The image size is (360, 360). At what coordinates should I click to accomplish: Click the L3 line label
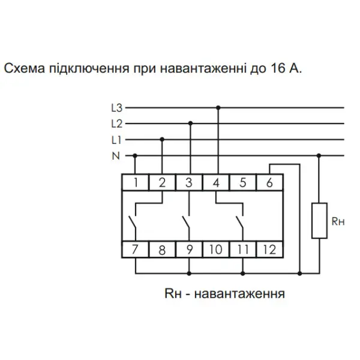pyautogui.click(x=116, y=108)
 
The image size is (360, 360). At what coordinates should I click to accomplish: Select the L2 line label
pyautogui.click(x=116, y=124)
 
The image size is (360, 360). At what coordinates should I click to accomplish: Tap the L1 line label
pyautogui.click(x=116, y=140)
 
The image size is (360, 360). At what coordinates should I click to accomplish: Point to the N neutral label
pyautogui.click(x=116, y=156)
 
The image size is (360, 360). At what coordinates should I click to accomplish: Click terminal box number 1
pyautogui.click(x=136, y=182)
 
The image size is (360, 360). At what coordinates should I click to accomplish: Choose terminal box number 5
pyautogui.click(x=242, y=182)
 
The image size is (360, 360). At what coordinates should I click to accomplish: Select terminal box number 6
pyautogui.click(x=269, y=182)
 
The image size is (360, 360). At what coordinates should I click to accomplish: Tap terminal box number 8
pyautogui.click(x=162, y=250)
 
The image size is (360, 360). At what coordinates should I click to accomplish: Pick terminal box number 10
pyautogui.click(x=216, y=250)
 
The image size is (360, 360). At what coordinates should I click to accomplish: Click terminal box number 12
pyautogui.click(x=269, y=250)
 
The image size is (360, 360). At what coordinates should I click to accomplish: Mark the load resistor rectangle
pyautogui.click(x=319, y=221)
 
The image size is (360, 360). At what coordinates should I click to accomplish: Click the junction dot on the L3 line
pyautogui.click(x=218, y=107)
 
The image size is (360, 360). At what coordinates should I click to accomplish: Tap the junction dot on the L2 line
pyautogui.click(x=190, y=124)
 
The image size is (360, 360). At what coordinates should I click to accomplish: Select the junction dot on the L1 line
pyautogui.click(x=162, y=139)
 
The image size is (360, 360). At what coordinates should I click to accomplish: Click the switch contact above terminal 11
pyautogui.click(x=239, y=222)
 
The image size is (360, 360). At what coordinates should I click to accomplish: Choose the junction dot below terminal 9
pyautogui.click(x=189, y=274)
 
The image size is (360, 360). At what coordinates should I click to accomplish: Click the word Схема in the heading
pyautogui.click(x=25, y=68)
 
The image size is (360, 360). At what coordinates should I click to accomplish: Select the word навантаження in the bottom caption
pyautogui.click(x=239, y=293)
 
